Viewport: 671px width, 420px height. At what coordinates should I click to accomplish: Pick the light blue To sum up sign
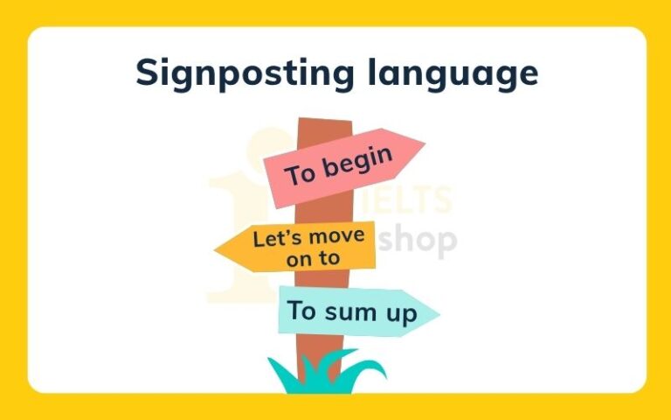pos(354,311)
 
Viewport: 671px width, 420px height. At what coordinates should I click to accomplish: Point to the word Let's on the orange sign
pos(271,238)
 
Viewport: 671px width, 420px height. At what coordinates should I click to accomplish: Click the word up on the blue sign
pos(403,313)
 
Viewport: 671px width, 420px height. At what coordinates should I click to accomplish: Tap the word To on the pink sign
pos(301,174)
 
